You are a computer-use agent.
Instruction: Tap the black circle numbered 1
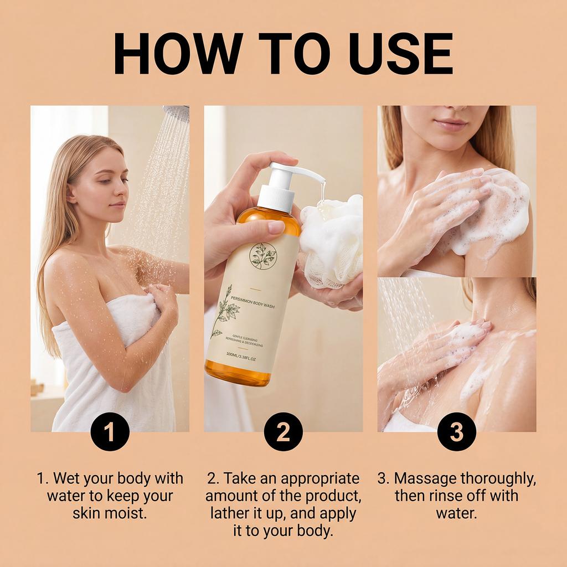coord(110,431)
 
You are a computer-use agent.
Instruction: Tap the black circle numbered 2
coord(283,431)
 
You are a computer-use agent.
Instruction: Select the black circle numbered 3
coord(457,431)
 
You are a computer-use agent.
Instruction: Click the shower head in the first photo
coord(176,111)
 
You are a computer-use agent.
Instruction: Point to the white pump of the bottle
coord(286,186)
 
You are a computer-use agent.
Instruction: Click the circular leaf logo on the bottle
coord(263,256)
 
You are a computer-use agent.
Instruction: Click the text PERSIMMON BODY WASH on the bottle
coord(252,302)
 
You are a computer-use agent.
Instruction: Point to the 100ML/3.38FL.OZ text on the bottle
coord(241,357)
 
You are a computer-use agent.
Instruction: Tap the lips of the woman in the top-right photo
coord(450,125)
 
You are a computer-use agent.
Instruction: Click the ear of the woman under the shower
coord(72,193)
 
